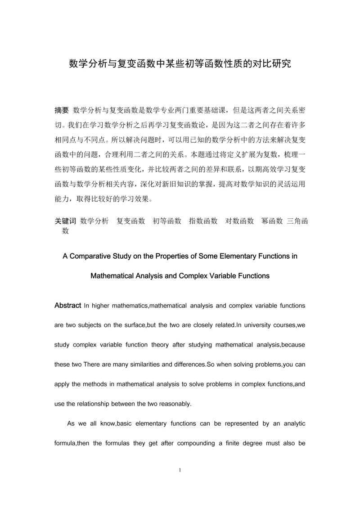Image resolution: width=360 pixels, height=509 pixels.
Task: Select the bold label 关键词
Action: coord(66,221)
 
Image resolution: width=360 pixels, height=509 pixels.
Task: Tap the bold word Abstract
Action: coord(68,305)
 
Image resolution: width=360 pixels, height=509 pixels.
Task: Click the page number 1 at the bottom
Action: coord(180,471)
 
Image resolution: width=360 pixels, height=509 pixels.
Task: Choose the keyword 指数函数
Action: coord(203,221)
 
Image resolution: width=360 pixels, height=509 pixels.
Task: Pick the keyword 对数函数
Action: coord(239,221)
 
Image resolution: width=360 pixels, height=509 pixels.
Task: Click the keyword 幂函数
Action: coord(272,221)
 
